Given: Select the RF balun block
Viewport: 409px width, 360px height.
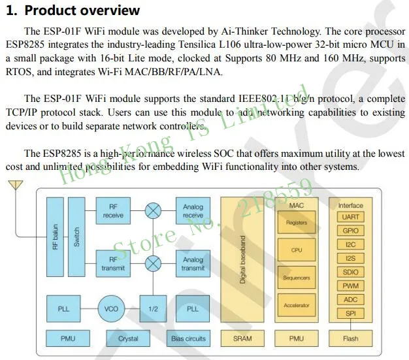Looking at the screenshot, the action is (55, 237).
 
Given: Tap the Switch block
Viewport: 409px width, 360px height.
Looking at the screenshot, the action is (76, 237).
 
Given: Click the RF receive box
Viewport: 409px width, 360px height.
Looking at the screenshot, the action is (113, 211).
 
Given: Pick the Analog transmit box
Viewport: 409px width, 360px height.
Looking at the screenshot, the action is (193, 263).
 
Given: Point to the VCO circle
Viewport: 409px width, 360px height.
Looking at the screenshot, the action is (111, 309).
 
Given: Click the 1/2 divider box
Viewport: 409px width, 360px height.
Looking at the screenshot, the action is (153, 309).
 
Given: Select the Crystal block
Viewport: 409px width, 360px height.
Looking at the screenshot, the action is (128, 338).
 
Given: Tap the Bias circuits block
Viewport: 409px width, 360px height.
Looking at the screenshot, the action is (188, 338).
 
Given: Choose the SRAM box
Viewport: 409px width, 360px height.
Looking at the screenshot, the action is (242, 338).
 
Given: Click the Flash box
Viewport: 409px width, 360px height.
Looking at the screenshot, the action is (351, 338).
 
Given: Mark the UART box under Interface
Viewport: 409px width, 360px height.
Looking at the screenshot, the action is (351, 217).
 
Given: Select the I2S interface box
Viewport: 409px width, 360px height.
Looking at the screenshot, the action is (351, 258).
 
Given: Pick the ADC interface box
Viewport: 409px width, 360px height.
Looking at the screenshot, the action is (351, 299).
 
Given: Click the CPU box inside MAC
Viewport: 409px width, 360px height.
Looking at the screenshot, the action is (297, 250).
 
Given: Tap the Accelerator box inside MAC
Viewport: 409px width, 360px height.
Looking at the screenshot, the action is (297, 305).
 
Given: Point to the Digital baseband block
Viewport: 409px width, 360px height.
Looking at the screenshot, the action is (242, 260).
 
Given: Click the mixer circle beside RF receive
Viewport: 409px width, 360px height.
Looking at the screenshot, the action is (153, 211).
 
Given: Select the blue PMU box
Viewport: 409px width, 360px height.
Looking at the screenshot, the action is (68, 338).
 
